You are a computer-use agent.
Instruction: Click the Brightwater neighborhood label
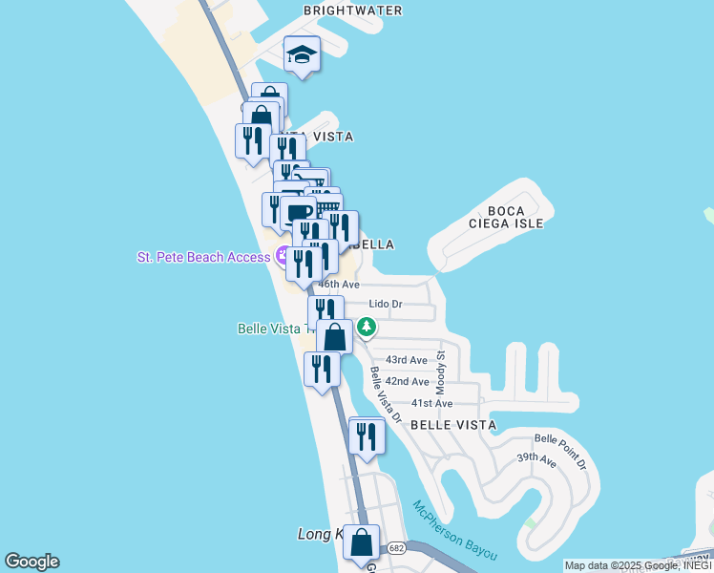[x=353, y=11]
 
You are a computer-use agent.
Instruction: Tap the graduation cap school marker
[x=303, y=54]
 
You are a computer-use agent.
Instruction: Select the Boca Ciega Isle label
[x=506, y=217]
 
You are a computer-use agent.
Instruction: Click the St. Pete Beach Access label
[x=203, y=257]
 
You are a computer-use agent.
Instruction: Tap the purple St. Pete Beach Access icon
[x=283, y=256]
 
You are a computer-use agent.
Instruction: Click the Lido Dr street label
[x=386, y=305]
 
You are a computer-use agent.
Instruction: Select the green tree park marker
[x=366, y=328]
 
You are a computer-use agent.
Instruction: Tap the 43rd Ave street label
[x=406, y=360]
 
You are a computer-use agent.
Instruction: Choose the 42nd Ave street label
[x=407, y=381]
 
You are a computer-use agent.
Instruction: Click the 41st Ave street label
[x=431, y=404]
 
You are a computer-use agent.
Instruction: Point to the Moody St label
[x=442, y=367]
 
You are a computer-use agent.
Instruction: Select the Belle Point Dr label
[x=560, y=452]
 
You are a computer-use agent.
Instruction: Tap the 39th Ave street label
[x=536, y=459]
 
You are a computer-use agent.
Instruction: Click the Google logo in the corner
[x=31, y=562]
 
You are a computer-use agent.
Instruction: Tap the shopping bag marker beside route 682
[x=362, y=542]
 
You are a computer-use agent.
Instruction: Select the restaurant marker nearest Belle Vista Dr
[x=367, y=436]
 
